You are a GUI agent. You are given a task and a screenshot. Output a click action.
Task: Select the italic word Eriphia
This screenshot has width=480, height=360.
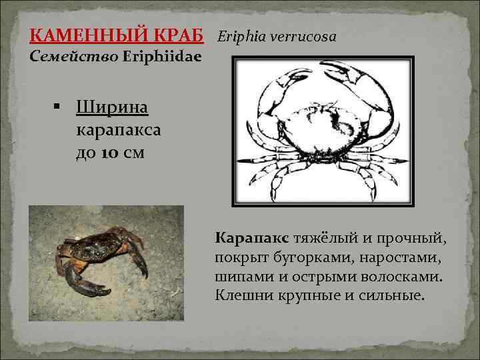[241, 35]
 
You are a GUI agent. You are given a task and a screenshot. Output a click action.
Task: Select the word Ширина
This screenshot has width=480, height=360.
[112, 106]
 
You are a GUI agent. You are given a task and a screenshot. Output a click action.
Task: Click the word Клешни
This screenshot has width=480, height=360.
[239, 294]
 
